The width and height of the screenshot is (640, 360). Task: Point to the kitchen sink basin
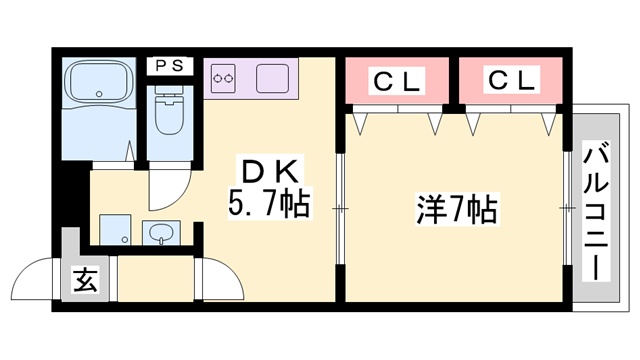[271, 76]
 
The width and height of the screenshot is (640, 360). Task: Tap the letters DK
[266, 169]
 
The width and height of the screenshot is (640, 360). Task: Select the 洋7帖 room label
[456, 210]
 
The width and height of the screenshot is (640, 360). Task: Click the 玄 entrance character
[85, 281]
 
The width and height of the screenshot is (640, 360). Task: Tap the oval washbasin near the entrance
[160, 234]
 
